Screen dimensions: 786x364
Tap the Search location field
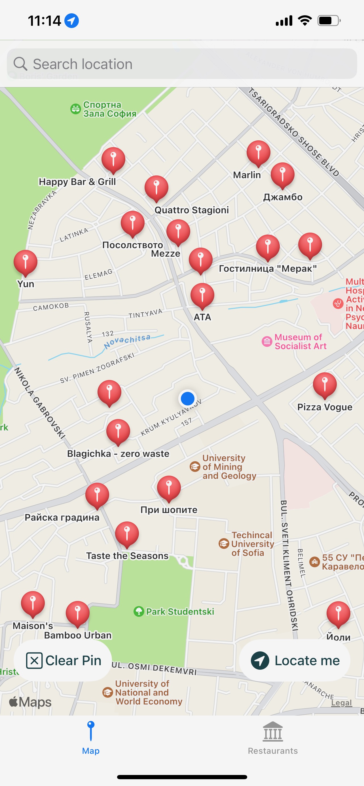pos(182,64)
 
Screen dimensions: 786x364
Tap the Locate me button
pos(295,661)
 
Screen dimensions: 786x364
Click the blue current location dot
pos(187,398)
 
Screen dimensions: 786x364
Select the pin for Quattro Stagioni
pos(156,188)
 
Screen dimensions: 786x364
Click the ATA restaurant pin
pos(202,295)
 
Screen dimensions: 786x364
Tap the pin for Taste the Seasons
pos(127,533)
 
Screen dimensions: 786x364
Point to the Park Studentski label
pos(180,611)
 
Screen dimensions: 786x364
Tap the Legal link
pos(341,703)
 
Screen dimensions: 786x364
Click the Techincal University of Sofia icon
pos(224,544)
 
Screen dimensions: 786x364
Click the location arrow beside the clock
pos(72,21)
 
